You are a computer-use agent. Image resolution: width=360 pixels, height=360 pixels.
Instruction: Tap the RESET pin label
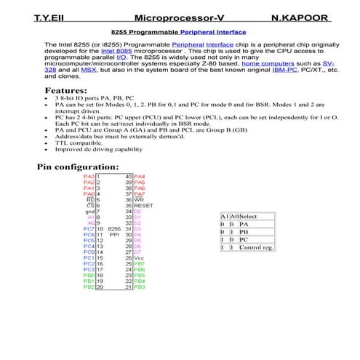pos(143,206)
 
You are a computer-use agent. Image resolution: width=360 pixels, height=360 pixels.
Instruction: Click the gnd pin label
pos(90,212)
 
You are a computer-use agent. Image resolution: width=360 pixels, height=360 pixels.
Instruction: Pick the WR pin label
pos(139,200)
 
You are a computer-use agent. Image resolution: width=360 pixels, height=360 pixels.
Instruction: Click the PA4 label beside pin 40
pos(140,177)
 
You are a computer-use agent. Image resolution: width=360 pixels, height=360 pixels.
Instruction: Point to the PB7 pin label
pos(140,264)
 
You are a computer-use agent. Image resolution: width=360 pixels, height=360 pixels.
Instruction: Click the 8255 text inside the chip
pos(113,229)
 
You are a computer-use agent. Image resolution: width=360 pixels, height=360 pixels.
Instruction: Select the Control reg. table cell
pos(255,248)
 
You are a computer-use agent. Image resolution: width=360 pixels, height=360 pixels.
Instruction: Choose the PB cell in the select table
pos(244,233)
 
